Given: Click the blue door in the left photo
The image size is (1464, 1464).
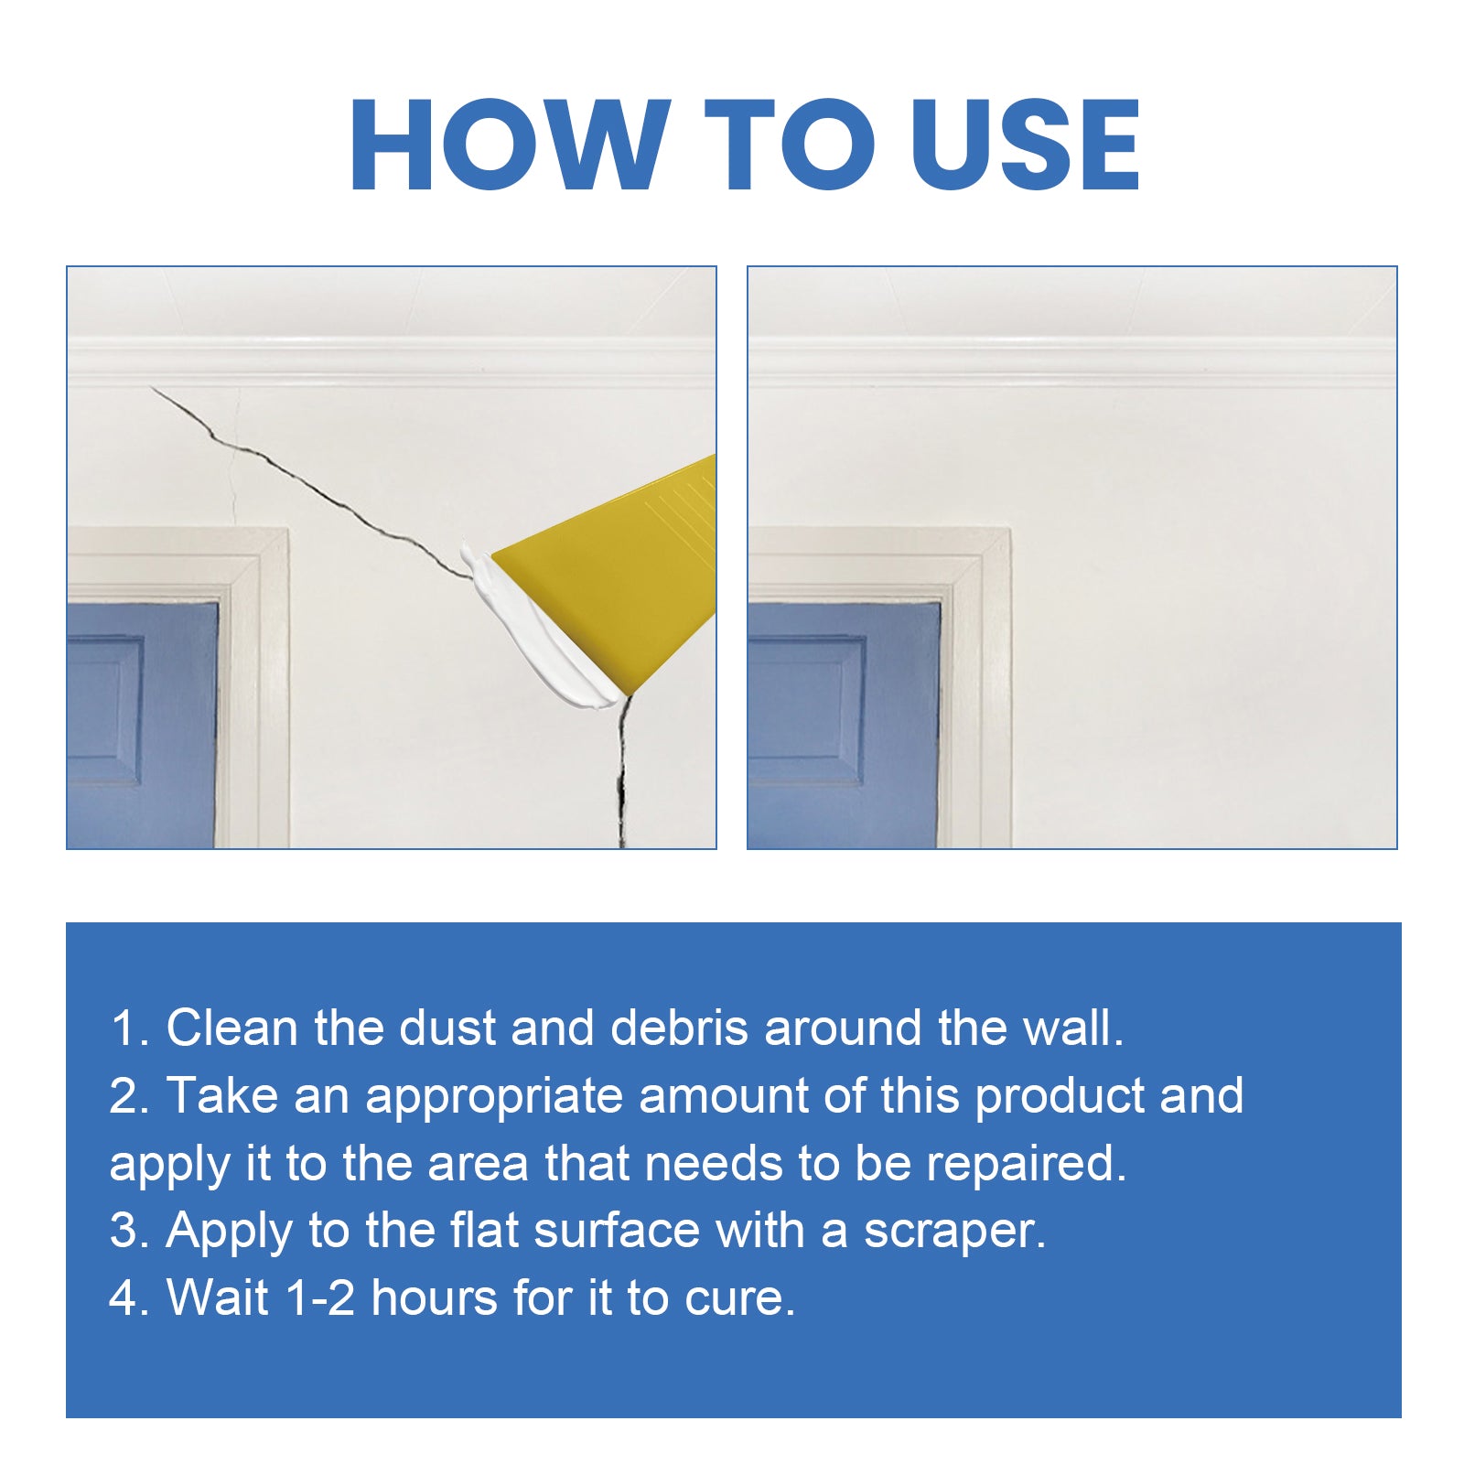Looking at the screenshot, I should click(x=142, y=723).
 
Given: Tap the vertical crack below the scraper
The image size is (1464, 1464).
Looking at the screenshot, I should click(x=622, y=778).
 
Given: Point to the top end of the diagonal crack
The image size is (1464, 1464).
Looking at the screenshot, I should click(x=154, y=390).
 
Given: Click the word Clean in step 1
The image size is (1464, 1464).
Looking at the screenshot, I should click(x=231, y=1028).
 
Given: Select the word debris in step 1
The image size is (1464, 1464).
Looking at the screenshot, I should click(x=679, y=1028).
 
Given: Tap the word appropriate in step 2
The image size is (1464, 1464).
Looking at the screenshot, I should click(x=494, y=1096).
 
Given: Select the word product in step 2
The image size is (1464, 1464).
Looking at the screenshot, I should click(x=1060, y=1096).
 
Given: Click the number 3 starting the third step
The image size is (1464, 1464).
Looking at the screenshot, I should click(x=123, y=1231).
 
